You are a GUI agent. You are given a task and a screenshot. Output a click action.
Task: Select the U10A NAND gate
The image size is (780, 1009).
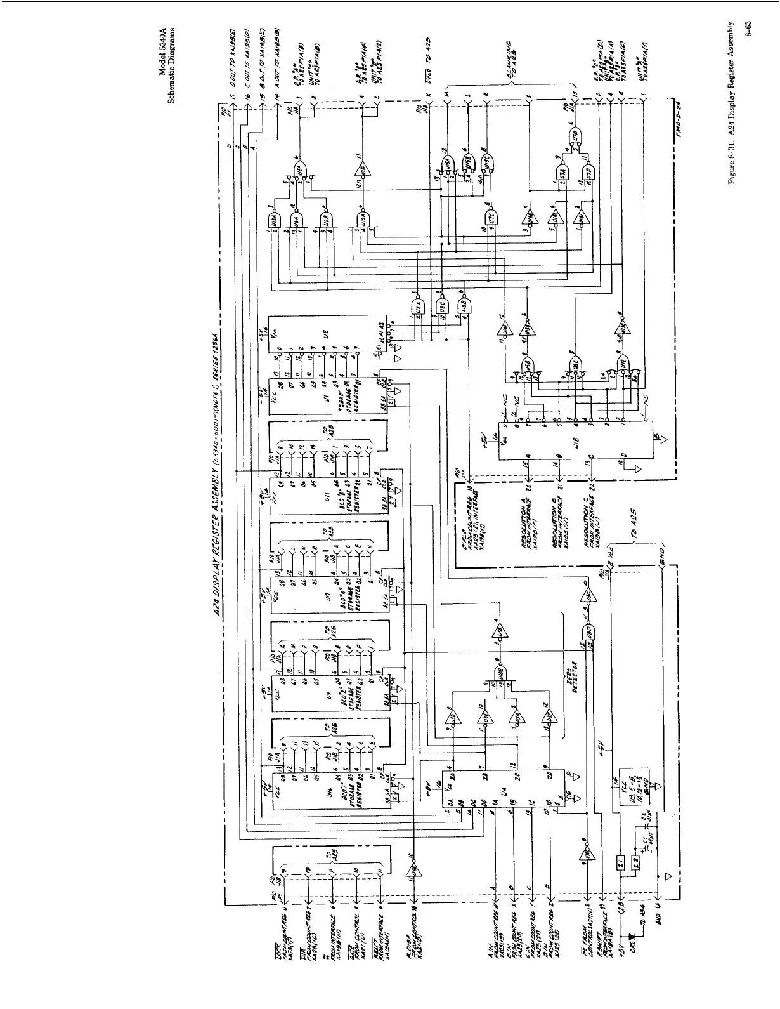363,220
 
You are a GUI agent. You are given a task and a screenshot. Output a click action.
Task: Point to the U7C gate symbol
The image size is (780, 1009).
491,217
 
